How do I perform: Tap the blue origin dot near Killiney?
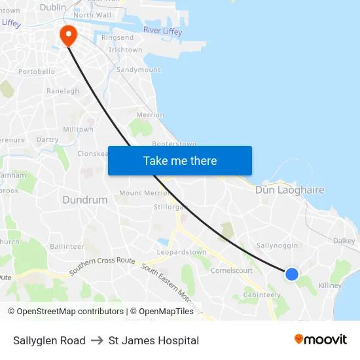point(292,274)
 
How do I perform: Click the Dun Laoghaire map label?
point(289,190)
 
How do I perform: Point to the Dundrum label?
point(84,200)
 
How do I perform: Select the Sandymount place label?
point(137,69)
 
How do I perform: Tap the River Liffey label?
point(162,31)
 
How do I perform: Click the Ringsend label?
point(117,38)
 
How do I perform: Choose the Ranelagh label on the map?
point(63,91)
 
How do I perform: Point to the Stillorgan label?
point(171,207)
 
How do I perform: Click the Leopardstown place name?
point(182,252)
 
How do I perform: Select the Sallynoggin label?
point(277,245)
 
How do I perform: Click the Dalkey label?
point(344,241)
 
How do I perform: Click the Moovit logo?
point(321,340)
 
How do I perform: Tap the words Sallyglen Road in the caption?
point(49,340)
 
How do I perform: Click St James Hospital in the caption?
point(154,340)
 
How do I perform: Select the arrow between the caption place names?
point(97,340)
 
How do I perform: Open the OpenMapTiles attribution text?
point(162,312)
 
